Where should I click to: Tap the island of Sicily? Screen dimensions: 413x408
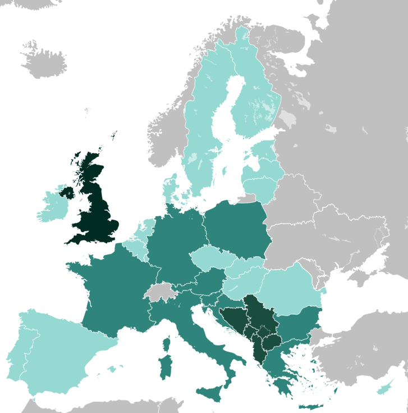click(x=210, y=390)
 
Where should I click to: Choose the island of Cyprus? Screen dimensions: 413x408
click(x=384, y=388)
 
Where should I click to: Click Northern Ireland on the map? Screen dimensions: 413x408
click(x=66, y=192)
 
